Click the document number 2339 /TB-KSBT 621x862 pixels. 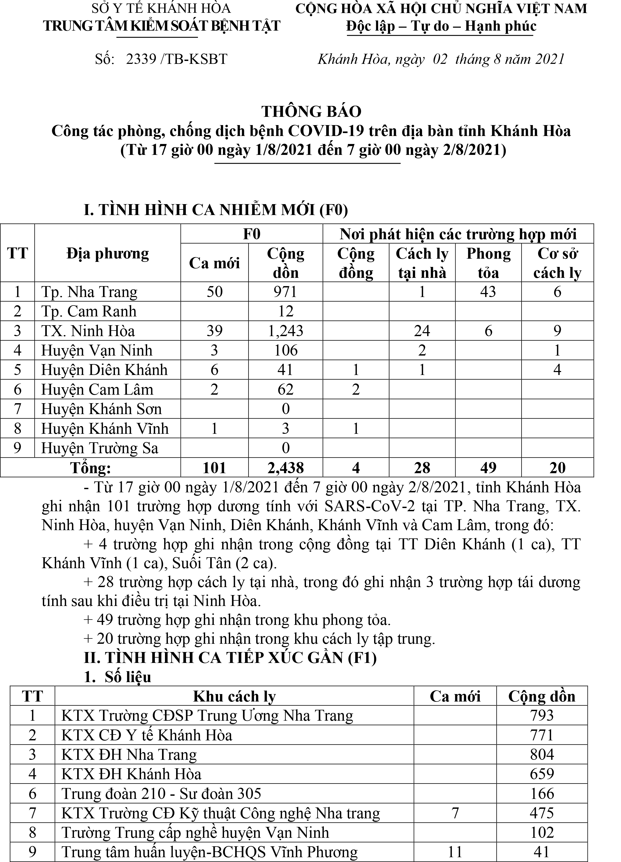pyautogui.click(x=176, y=59)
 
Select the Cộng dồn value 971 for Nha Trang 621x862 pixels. pyautogui.click(x=285, y=292)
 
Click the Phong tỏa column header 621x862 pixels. pyautogui.click(x=488, y=263)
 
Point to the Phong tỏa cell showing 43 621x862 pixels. pyautogui.click(x=488, y=292)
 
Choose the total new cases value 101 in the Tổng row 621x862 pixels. pyautogui.click(x=214, y=468)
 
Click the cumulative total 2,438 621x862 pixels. pyautogui.click(x=285, y=468)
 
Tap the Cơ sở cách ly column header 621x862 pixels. pyautogui.click(x=557, y=263)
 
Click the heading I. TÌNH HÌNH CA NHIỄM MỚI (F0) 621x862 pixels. pyautogui.click(x=216, y=210)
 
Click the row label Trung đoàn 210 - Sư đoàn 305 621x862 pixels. pyautogui.click(x=161, y=794)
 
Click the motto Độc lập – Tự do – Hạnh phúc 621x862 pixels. pyautogui.click(x=441, y=26)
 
